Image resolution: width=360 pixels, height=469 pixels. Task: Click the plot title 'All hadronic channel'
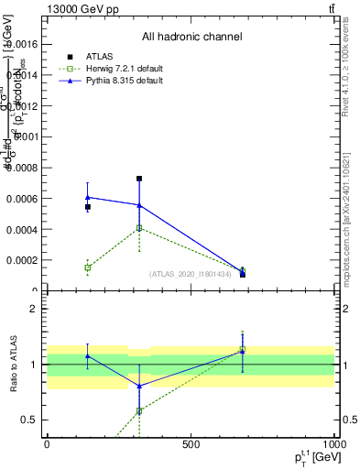[x=191, y=38]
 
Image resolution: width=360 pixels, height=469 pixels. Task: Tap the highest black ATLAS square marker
[x=139, y=179]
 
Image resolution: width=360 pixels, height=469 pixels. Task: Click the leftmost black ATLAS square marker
[x=87, y=207]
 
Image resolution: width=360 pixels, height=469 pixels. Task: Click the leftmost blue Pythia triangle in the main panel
[x=87, y=197]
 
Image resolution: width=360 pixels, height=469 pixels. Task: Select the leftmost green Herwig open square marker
[x=87, y=267]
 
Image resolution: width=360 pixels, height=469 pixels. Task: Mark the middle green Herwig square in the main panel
[x=139, y=228]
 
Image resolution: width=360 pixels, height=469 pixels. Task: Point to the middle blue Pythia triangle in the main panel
[x=139, y=205]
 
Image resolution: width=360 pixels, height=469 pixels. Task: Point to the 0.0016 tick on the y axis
[x=21, y=44]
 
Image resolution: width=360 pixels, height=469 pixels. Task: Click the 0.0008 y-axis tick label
[x=21, y=168]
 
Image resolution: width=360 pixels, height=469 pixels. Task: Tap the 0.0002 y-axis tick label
[x=21, y=260]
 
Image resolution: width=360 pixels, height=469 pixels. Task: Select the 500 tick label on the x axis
[x=191, y=443]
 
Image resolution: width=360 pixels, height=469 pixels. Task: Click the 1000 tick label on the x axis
[x=333, y=443]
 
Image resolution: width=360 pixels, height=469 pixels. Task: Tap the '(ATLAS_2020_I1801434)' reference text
[x=191, y=274]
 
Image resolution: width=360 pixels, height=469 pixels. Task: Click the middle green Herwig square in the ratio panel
[x=139, y=410]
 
